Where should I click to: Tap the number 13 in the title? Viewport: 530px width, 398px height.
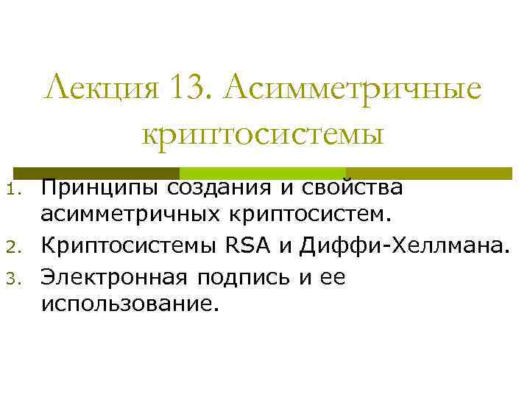pyautogui.click(x=177, y=90)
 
